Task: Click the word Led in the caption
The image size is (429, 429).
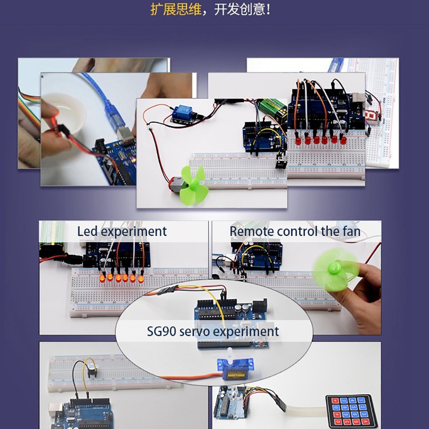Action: [x=87, y=232]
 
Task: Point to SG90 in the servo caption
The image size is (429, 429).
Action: [x=162, y=331]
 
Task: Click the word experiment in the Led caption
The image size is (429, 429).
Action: [x=134, y=232]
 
